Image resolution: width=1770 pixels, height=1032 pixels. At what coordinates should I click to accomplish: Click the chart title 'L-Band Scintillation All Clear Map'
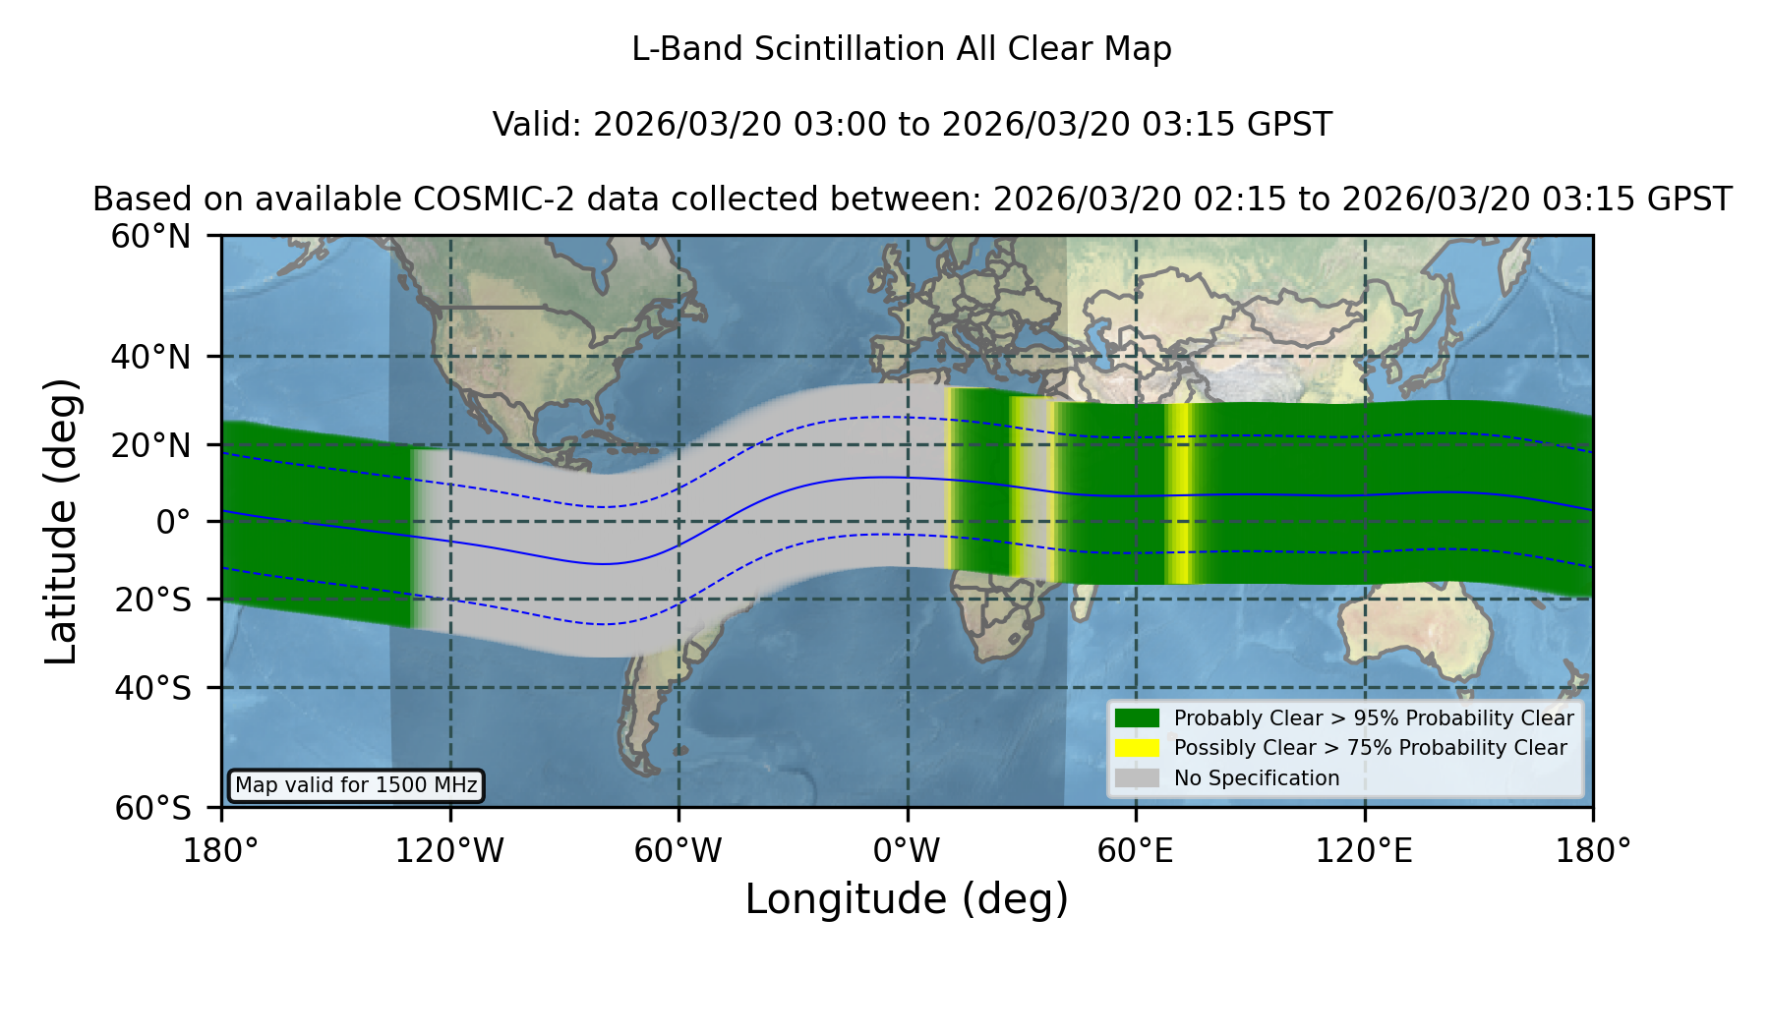pos(901,49)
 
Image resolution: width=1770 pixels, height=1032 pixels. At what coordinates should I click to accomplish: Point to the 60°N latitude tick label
pos(150,237)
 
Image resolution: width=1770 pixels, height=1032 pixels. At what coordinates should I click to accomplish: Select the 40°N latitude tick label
pos(150,357)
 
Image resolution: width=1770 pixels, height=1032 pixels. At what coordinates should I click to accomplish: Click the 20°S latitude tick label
pos(152,600)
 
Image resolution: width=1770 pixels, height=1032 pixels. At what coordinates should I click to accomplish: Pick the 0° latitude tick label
pos(173,522)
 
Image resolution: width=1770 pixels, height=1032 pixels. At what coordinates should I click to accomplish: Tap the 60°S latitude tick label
pos(152,808)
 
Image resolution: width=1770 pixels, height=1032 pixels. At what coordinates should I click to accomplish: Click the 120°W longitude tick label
pos(449,851)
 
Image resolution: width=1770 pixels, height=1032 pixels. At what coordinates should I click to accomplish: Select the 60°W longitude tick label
pos(678,851)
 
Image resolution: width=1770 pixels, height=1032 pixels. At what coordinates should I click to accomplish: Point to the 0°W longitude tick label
pos(907,851)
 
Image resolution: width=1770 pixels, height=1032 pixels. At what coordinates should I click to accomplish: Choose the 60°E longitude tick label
pos(1136,851)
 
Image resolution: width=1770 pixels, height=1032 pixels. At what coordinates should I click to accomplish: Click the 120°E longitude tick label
pos(1364,851)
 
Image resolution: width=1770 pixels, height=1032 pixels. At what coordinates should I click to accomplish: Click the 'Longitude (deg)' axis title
pos(907,899)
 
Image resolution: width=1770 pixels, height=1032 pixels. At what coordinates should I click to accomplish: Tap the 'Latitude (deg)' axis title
pos(61,521)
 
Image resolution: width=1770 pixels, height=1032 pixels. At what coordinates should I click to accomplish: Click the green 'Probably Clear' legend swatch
pos(1137,717)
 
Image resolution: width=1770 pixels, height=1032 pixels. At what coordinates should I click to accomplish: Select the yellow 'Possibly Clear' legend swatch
pos(1137,747)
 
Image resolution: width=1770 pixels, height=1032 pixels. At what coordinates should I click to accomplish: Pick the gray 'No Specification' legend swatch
pos(1137,777)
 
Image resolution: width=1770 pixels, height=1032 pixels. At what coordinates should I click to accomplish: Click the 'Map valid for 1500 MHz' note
pos(356,785)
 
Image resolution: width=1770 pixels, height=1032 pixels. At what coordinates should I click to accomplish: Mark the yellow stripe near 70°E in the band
pos(1179,493)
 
